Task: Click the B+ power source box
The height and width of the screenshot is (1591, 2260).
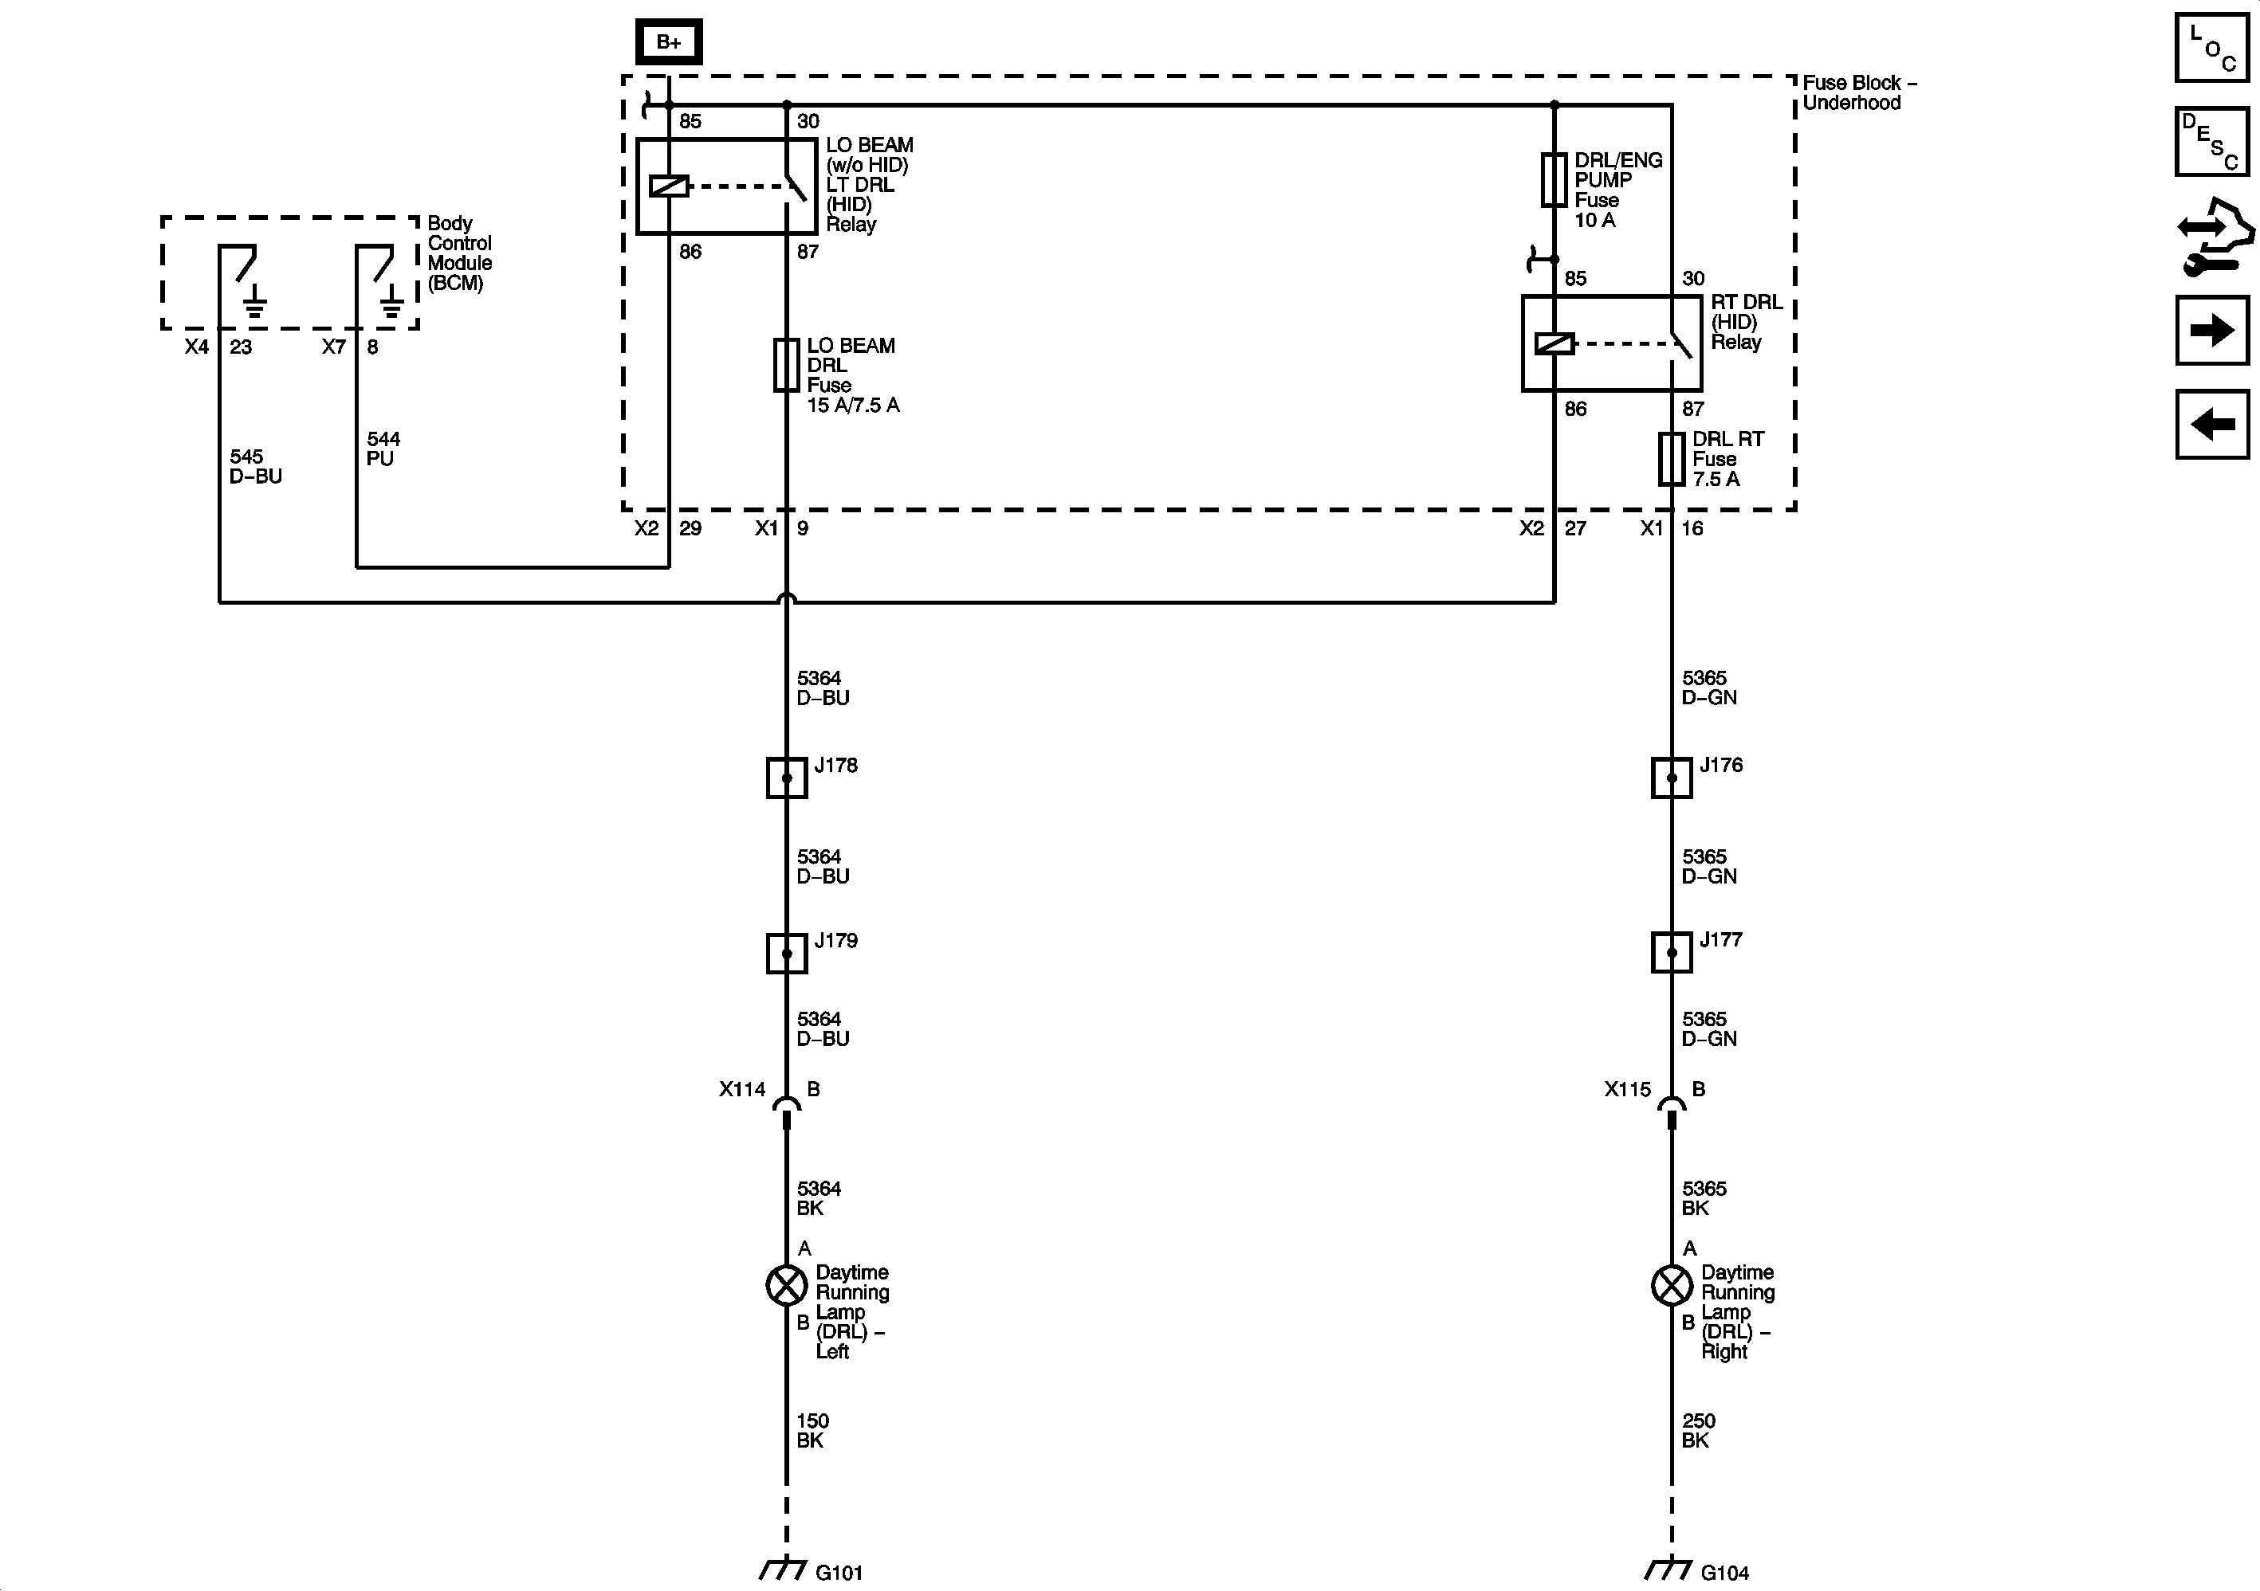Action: pyautogui.click(x=668, y=42)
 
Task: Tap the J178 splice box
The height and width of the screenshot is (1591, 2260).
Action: pyautogui.click(x=787, y=778)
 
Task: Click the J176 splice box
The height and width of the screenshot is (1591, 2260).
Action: pyautogui.click(x=1672, y=778)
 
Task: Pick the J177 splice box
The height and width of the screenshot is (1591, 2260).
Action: pyautogui.click(x=1672, y=952)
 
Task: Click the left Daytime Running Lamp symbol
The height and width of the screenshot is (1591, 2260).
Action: pyautogui.click(x=787, y=1285)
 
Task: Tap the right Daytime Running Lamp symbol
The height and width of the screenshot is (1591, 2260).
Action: pyautogui.click(x=1672, y=1285)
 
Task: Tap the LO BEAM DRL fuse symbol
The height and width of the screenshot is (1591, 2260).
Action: pyautogui.click(x=787, y=365)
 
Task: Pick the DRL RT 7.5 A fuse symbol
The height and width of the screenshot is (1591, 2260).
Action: pyautogui.click(x=1672, y=459)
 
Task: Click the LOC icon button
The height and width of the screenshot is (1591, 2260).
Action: pyautogui.click(x=2211, y=47)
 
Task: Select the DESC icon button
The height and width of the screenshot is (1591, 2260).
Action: pyautogui.click(x=2211, y=142)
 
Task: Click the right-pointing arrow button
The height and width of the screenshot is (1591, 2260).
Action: pyautogui.click(x=2211, y=330)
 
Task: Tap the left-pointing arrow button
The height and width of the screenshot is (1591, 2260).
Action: pyautogui.click(x=2211, y=424)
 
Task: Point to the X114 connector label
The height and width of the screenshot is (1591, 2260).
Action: pyautogui.click(x=742, y=1089)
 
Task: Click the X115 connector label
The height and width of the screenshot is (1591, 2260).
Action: pyautogui.click(x=1627, y=1089)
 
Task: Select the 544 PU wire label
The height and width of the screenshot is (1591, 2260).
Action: pyautogui.click(x=383, y=449)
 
